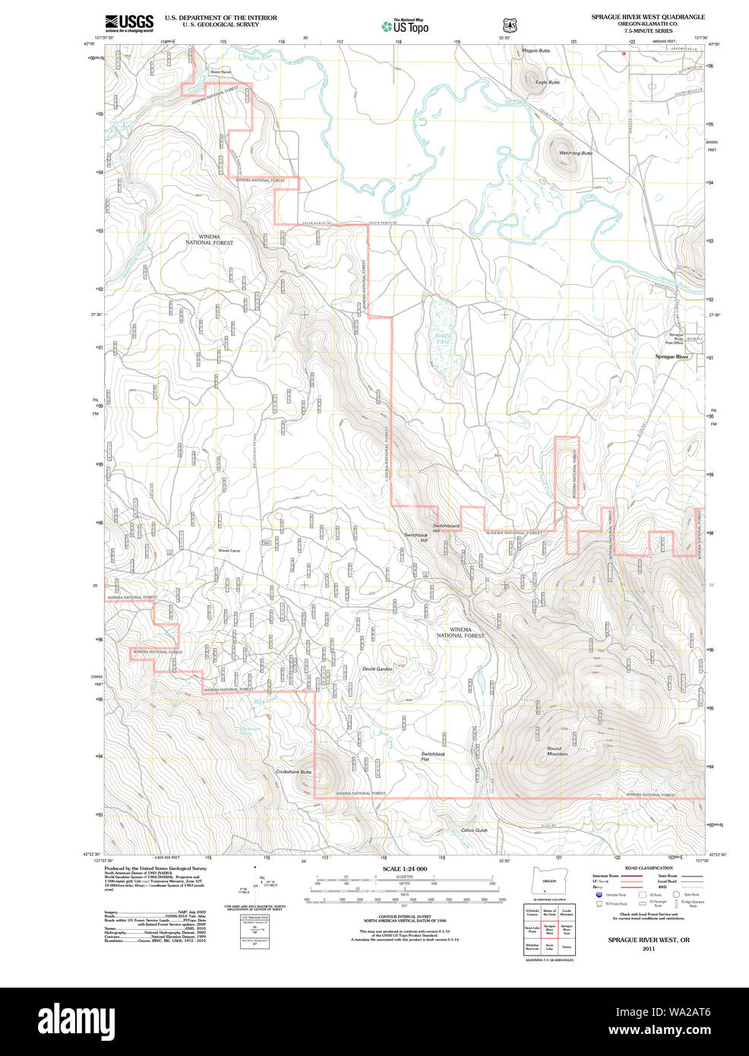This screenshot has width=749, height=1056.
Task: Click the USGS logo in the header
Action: (129, 22)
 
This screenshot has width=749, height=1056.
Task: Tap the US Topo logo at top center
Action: (405, 27)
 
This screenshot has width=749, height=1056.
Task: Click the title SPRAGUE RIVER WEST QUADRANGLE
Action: (648, 17)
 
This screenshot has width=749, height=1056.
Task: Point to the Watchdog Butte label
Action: (576, 153)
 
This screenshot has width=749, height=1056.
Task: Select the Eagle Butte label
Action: (547, 82)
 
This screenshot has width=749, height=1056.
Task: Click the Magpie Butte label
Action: (536, 51)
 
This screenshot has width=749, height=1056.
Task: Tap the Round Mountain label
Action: (558, 751)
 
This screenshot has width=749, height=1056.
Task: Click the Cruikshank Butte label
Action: (294, 771)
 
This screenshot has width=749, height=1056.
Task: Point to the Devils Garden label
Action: (378, 669)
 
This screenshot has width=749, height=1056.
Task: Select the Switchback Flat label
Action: (433, 756)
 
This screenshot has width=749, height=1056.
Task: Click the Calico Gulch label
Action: (474, 830)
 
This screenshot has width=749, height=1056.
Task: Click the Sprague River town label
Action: (672, 356)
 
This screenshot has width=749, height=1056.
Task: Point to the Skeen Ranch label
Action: (220, 72)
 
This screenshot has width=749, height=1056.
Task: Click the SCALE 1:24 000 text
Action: (404, 869)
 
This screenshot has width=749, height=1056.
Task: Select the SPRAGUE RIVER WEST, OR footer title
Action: (648, 940)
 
